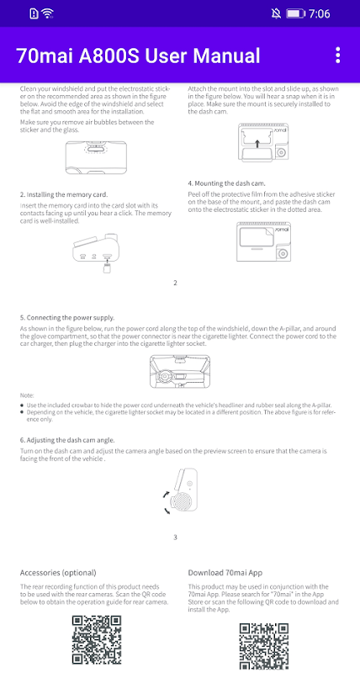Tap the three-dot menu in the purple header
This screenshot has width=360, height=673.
[x=338, y=56]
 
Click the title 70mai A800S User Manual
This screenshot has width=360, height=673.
[x=138, y=56]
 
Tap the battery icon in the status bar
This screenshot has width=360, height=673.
[x=295, y=13]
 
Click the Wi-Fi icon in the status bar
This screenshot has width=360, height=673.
[x=48, y=13]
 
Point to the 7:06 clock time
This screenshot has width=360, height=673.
[x=320, y=13]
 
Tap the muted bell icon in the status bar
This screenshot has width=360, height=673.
[x=276, y=13]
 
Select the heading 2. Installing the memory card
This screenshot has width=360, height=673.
[x=64, y=194]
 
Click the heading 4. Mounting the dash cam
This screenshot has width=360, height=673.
[x=230, y=183]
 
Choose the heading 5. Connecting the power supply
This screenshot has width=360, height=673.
[x=67, y=318]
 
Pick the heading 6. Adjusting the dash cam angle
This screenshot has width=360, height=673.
[x=67, y=440]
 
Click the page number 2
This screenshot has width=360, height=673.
[x=175, y=283]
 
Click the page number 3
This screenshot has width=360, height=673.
[x=175, y=537]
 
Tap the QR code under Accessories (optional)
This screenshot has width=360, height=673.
[x=97, y=640]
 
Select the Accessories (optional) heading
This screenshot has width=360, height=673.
[x=58, y=573]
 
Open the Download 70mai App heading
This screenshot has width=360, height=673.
[x=225, y=573]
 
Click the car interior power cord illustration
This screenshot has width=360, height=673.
[x=181, y=372]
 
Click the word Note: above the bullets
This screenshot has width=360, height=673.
[x=27, y=395]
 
